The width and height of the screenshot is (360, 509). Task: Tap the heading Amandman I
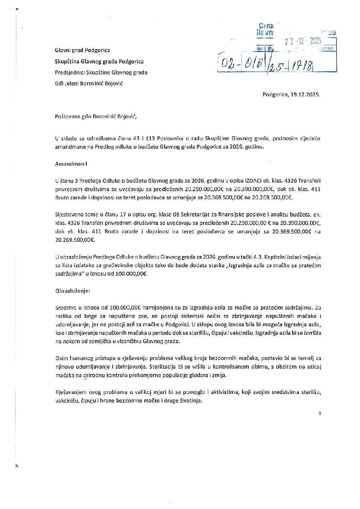pyautogui.click(x=71, y=164)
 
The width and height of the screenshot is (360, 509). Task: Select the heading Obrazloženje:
pyautogui.click(x=72, y=291)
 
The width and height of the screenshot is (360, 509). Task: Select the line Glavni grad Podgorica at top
pyautogui.click(x=82, y=50)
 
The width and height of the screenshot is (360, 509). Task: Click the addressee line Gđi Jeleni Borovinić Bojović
pyautogui.click(x=89, y=83)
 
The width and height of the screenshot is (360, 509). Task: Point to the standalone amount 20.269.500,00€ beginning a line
pyautogui.click(x=75, y=240)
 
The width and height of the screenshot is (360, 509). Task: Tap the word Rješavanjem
pyautogui.click(x=69, y=392)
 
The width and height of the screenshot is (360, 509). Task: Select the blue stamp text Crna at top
pyautogui.click(x=266, y=26)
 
